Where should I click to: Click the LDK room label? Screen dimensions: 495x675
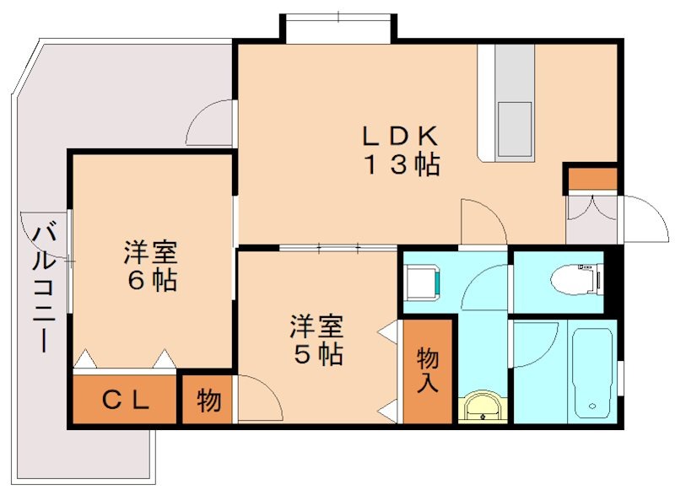tap(400, 135)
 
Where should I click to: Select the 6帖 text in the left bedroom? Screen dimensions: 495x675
tap(152, 280)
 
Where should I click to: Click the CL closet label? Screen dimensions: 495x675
tap(126, 401)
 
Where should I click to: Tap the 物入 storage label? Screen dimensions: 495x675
tap(428, 371)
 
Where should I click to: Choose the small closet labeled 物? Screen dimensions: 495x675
tap(208, 401)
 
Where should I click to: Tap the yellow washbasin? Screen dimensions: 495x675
tap(483, 406)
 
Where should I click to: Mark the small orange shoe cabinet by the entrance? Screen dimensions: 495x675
tap(591, 179)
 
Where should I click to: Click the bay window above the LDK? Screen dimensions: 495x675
tap(337, 25)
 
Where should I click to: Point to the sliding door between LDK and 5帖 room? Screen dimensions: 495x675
tap(337, 248)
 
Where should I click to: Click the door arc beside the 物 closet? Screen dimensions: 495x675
tap(256, 396)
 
